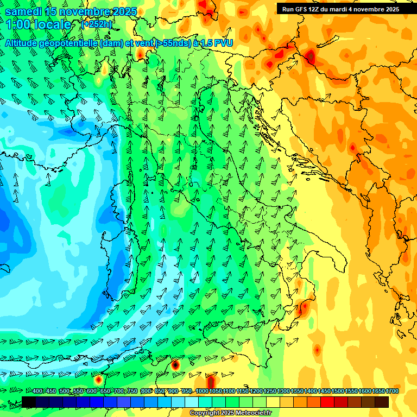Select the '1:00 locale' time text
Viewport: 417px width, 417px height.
39,24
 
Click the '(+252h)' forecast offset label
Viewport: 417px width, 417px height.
97,24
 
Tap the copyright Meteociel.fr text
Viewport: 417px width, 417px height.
231,413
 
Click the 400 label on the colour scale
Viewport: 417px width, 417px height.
37,391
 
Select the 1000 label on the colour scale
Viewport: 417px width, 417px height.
202,391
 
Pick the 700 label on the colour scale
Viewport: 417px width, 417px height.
119,391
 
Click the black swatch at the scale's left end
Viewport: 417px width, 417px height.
28,402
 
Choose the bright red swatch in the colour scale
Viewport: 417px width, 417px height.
327,402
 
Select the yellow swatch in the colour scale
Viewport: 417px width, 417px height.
273,402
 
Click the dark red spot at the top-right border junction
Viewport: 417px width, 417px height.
310,56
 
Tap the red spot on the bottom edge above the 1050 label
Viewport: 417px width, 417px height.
211,382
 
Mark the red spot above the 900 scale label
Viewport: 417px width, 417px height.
175,365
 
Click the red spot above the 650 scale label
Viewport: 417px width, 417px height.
98,380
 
